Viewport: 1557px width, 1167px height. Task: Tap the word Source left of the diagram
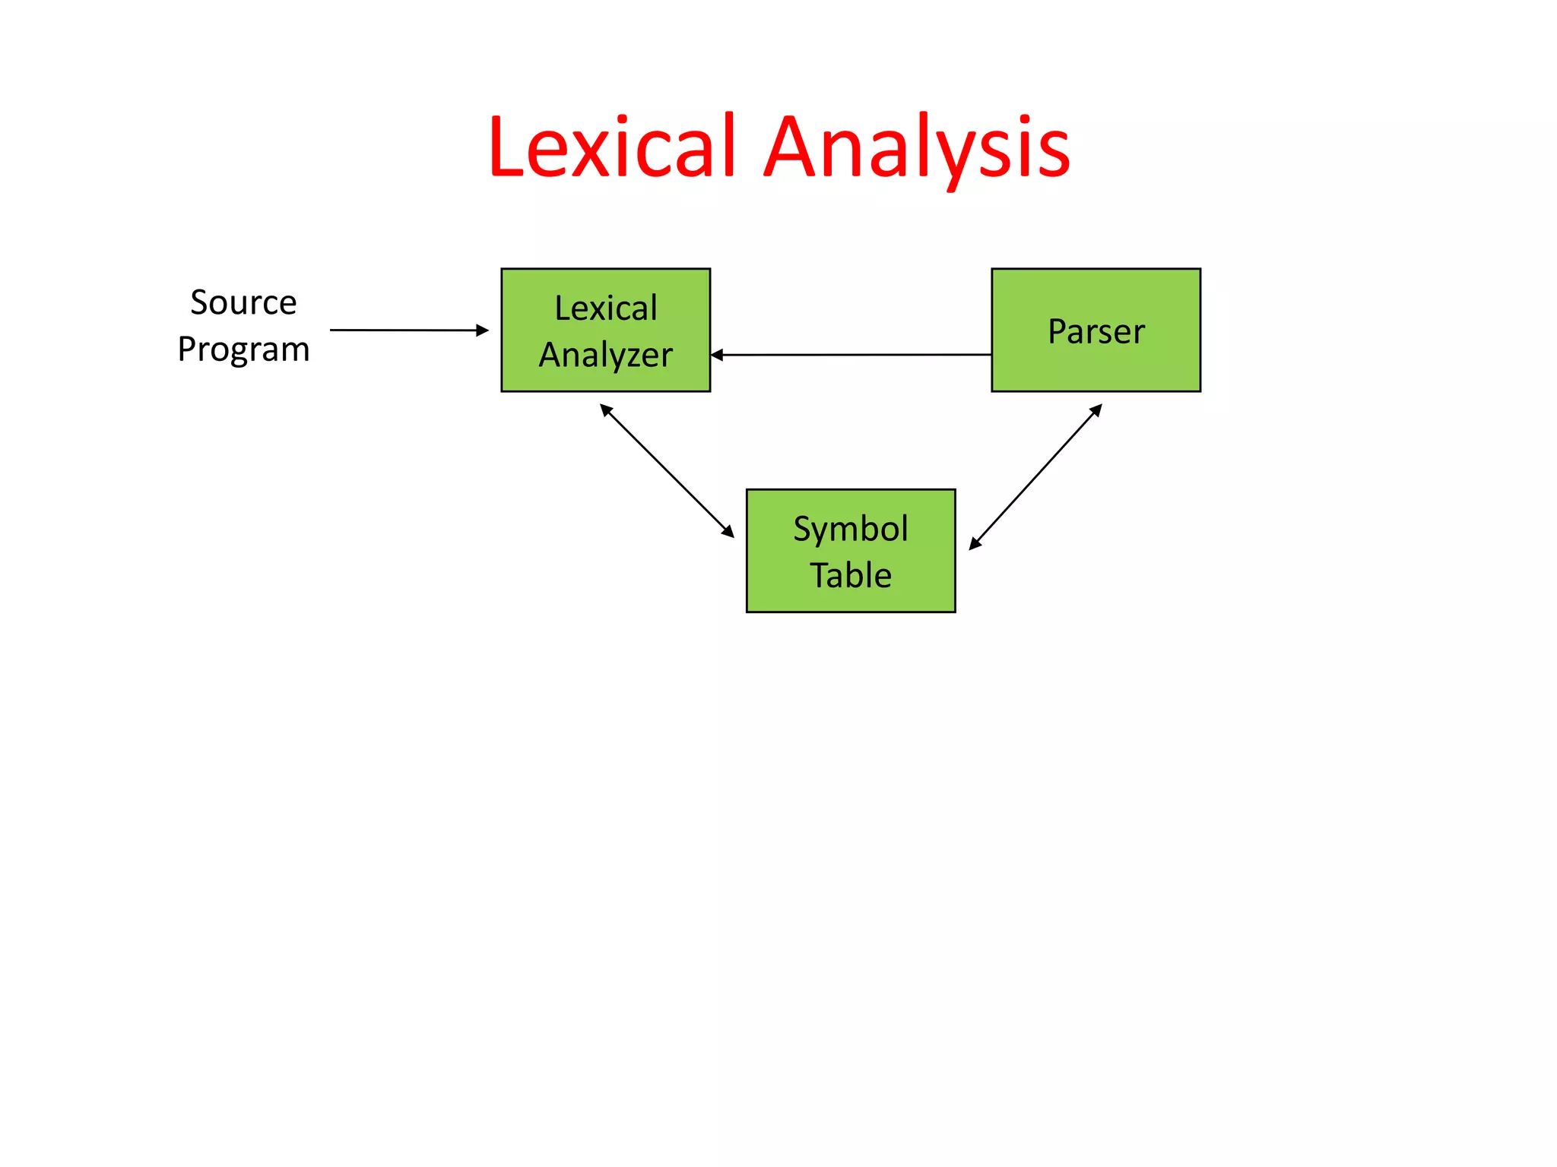243,302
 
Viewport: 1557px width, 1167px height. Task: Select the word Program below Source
243,349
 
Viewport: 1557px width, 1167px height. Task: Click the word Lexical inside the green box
605,308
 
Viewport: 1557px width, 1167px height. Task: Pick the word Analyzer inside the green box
605,355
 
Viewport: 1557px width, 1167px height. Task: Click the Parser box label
1096,331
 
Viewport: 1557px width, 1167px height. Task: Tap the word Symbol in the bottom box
850,529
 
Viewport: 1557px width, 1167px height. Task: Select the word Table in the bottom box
850,575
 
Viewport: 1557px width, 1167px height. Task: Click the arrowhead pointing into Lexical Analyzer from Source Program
483,330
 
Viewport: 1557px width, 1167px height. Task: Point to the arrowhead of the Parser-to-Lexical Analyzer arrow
717,355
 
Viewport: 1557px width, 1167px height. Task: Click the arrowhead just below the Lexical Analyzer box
605,410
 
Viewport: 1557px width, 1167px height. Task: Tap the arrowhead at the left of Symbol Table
728,532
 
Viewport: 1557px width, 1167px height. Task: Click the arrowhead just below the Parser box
1096,410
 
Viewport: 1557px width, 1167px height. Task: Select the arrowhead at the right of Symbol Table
975,543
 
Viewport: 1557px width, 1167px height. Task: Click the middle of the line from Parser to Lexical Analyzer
851,355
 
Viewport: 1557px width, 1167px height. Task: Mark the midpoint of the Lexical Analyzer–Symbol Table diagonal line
667,470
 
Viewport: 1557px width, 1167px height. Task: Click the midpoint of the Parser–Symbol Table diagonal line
1035,476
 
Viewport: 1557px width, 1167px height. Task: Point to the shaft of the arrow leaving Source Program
403,330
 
